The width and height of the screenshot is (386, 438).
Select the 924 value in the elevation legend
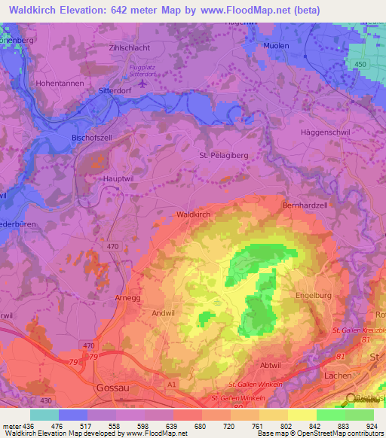(x=369, y=425)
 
